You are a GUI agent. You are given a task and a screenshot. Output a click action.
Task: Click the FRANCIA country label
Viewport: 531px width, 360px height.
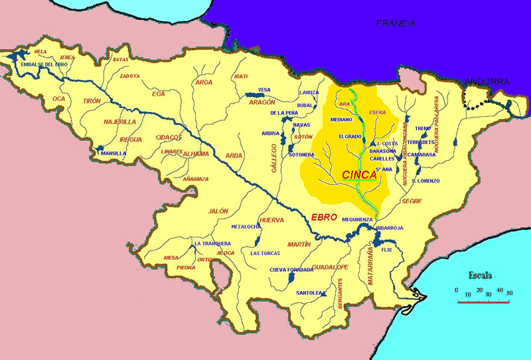[396, 23]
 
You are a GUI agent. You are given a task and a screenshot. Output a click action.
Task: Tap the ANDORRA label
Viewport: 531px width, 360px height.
[487, 82]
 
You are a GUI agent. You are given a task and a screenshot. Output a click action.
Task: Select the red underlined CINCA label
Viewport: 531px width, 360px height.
[359, 175]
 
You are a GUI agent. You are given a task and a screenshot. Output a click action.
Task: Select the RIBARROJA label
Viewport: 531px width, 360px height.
[390, 228]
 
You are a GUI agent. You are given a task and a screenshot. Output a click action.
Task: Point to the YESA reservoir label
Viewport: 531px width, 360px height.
[264, 90]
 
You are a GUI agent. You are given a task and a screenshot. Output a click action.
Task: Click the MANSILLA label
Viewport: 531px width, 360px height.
[114, 153]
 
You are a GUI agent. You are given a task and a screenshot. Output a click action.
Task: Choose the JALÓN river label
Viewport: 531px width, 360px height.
[218, 211]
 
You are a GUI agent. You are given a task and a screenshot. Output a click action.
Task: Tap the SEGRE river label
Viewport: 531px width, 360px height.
[412, 201]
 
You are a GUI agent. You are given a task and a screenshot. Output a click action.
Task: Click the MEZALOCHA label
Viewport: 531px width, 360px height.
[246, 226]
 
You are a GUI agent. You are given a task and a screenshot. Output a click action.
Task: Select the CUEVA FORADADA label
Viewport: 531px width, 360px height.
[291, 270]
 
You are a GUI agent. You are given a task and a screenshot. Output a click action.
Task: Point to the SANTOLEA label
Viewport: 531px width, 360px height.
[309, 292]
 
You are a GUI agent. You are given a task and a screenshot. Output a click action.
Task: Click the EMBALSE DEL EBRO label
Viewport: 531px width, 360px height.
[44, 64]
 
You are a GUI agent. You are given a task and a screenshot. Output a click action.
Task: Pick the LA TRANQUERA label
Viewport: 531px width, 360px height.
[212, 244]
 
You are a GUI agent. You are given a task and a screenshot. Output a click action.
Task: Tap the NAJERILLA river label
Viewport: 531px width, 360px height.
[119, 122]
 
